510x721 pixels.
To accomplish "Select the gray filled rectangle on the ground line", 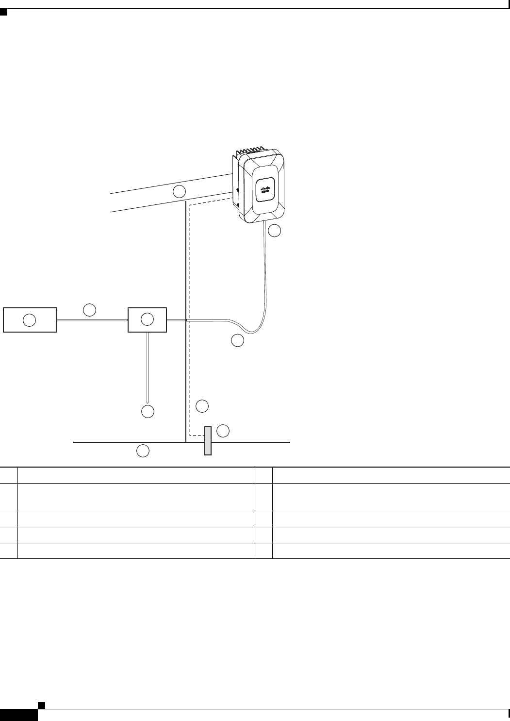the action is (x=208, y=441).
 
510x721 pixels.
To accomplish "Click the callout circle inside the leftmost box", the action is (x=30, y=319).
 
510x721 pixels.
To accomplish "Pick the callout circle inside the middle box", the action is (x=147, y=319).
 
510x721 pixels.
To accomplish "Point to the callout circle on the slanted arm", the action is (x=180, y=191).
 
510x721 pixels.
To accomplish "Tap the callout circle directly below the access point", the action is (x=275, y=231).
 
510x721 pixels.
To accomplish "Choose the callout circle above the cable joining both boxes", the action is (x=89, y=310).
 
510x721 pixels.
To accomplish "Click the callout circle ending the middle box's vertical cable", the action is (x=148, y=411).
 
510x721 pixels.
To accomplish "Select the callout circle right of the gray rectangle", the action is (x=223, y=431).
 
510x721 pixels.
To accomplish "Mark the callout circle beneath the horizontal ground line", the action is (x=143, y=451).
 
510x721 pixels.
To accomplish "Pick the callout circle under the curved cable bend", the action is (x=237, y=341).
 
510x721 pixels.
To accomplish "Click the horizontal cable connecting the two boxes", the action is (x=92, y=319).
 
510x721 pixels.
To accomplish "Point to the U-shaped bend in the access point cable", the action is (x=253, y=332).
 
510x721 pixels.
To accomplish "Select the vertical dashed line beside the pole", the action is (x=190, y=316).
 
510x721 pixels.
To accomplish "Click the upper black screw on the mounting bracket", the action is (x=237, y=190).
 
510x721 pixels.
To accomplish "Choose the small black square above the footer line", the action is (x=42, y=705).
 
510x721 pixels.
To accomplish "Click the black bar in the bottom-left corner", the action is (x=18, y=715).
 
